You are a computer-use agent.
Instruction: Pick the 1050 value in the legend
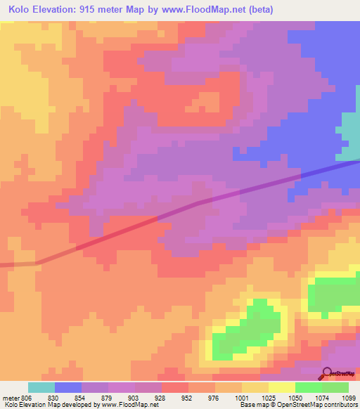tap(295, 397)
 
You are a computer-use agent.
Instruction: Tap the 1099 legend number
tap(349, 397)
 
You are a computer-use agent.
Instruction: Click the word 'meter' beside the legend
tap(10, 397)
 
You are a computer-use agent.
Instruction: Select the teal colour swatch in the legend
tap(41, 387)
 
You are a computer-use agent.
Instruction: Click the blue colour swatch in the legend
tap(68, 387)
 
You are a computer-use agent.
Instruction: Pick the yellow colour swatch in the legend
tap(282, 387)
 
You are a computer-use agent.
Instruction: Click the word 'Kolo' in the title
tap(22, 10)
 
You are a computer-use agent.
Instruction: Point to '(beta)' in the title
tap(257, 10)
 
